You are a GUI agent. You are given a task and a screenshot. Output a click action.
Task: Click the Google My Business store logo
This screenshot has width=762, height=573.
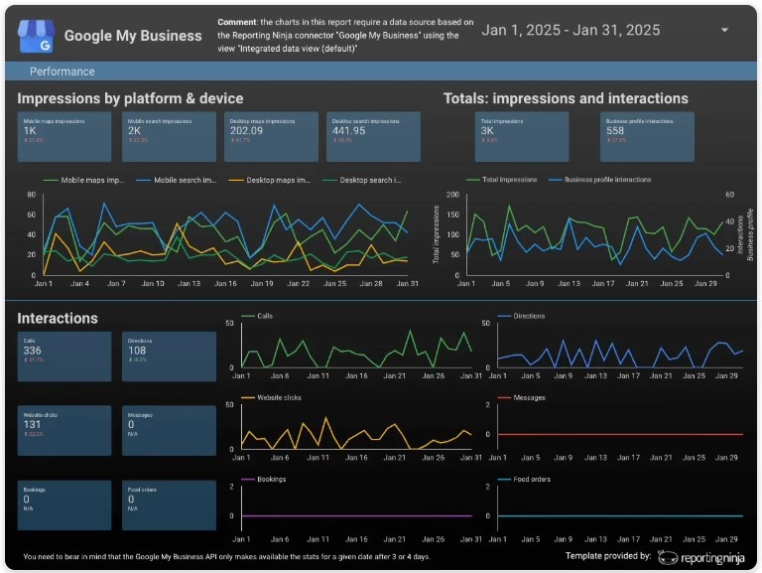[34, 36]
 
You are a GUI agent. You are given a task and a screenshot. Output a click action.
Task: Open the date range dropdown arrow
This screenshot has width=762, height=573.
[724, 30]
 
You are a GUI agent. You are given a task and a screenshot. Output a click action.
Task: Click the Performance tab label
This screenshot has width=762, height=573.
[63, 72]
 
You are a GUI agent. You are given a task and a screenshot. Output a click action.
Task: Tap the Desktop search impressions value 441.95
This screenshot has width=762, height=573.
[349, 130]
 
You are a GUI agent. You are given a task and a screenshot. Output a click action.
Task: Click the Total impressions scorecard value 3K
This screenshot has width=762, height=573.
[487, 130]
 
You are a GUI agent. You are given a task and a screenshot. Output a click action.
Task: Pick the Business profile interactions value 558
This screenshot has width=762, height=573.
[615, 130]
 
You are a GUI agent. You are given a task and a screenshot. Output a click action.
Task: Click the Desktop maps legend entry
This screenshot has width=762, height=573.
[274, 181]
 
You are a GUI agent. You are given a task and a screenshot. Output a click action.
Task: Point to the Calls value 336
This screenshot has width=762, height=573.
[33, 351]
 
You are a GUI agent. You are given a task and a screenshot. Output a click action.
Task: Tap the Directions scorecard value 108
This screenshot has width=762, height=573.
[137, 351]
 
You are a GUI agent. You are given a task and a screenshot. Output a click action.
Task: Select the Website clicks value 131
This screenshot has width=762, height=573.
[33, 424]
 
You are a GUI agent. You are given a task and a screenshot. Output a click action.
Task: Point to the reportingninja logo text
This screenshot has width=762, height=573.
[708, 557]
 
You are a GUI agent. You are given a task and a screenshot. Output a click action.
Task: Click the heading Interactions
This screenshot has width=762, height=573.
[58, 319]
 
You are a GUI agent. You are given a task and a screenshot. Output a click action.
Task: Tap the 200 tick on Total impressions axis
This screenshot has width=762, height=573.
[453, 195]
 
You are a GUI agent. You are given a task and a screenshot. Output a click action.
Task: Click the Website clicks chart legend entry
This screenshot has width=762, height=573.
[278, 398]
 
